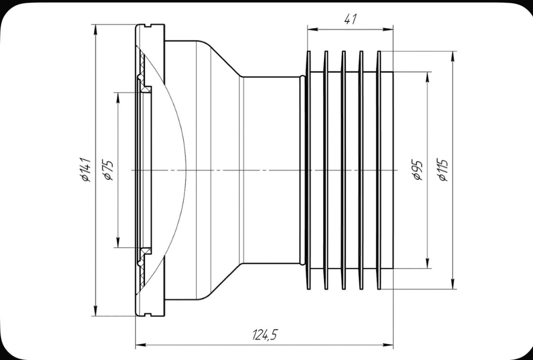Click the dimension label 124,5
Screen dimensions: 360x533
pos(265,335)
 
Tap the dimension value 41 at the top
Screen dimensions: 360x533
pos(350,20)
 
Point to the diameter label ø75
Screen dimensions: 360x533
pos(108,170)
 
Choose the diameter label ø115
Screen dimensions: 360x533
pos(442,170)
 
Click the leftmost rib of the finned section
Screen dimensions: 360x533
pos(308,170)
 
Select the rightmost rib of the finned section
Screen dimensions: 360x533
pos(378,170)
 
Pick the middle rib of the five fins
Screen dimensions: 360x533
pos(343,170)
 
